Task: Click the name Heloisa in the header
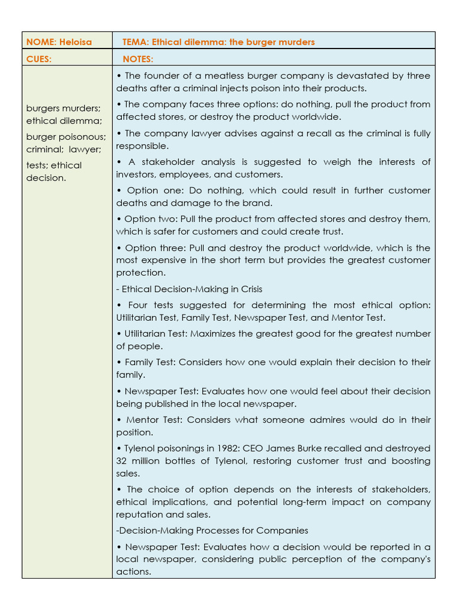point(76,42)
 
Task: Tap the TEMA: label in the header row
point(136,42)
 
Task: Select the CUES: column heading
point(39,59)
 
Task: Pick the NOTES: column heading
point(138,59)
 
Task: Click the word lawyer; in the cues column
point(84,149)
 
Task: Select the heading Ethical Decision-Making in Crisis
point(189,289)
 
